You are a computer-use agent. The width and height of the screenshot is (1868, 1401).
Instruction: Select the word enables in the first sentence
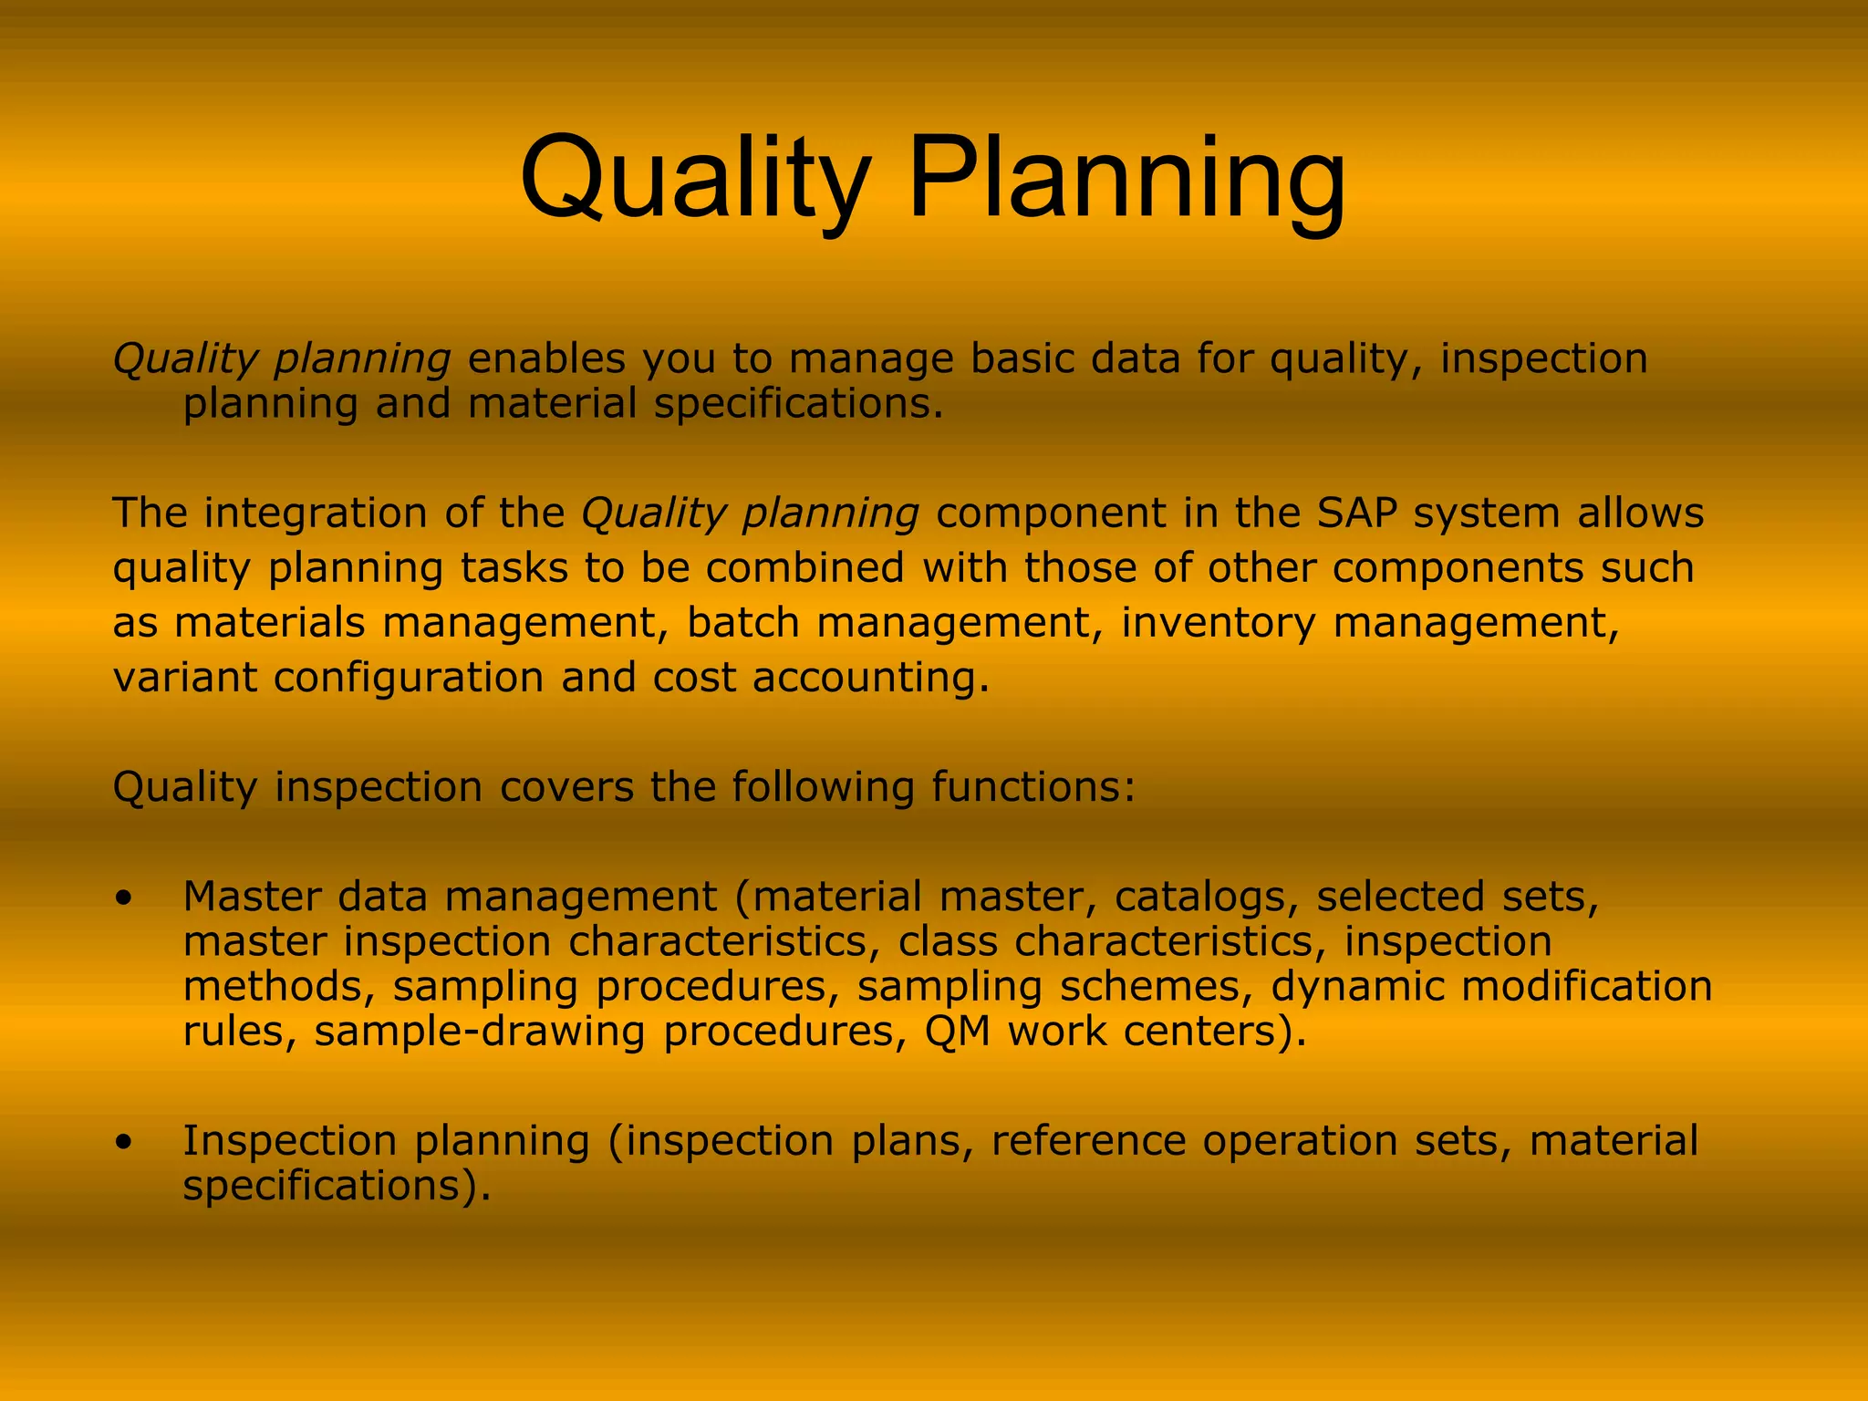click(546, 358)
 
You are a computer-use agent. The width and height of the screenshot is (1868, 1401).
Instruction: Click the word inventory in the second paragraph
click(1218, 623)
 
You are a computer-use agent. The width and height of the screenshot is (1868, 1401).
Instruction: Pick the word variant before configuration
click(183, 678)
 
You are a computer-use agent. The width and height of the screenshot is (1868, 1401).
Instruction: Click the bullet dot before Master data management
click(124, 898)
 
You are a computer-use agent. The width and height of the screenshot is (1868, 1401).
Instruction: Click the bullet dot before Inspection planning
click(124, 1142)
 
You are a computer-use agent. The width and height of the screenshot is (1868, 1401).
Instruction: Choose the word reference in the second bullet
click(1089, 1141)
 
